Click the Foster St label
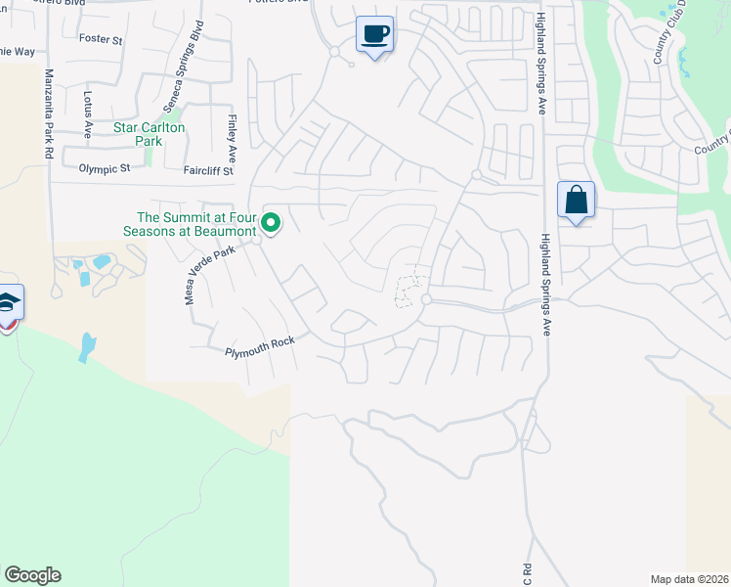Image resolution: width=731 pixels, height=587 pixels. [x=103, y=41]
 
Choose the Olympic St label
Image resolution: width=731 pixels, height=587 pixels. [x=105, y=169]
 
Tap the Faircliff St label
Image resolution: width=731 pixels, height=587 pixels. [x=207, y=170]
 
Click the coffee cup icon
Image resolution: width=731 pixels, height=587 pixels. [x=374, y=34]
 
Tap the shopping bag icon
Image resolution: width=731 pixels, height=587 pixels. [x=577, y=201]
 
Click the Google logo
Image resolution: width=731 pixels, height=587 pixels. [x=32, y=575]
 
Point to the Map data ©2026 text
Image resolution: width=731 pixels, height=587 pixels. [x=688, y=578]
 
